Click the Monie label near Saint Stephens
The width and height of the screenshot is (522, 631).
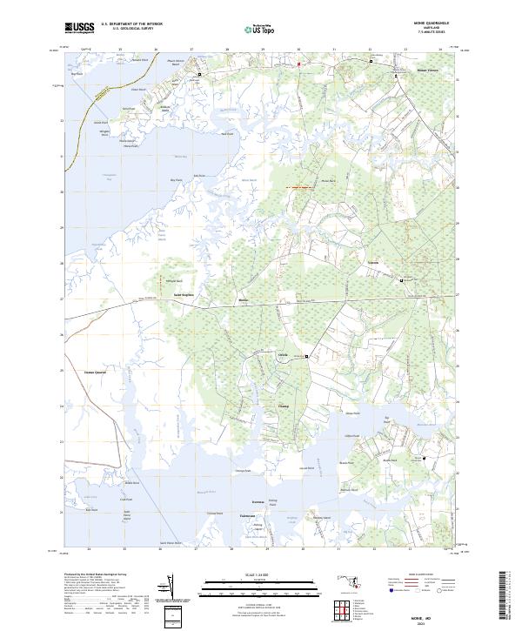pyautogui.click(x=244, y=301)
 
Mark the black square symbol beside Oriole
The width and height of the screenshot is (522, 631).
pyautogui.click(x=307, y=357)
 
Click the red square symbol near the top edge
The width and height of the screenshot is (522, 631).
pyautogui.click(x=298, y=64)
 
